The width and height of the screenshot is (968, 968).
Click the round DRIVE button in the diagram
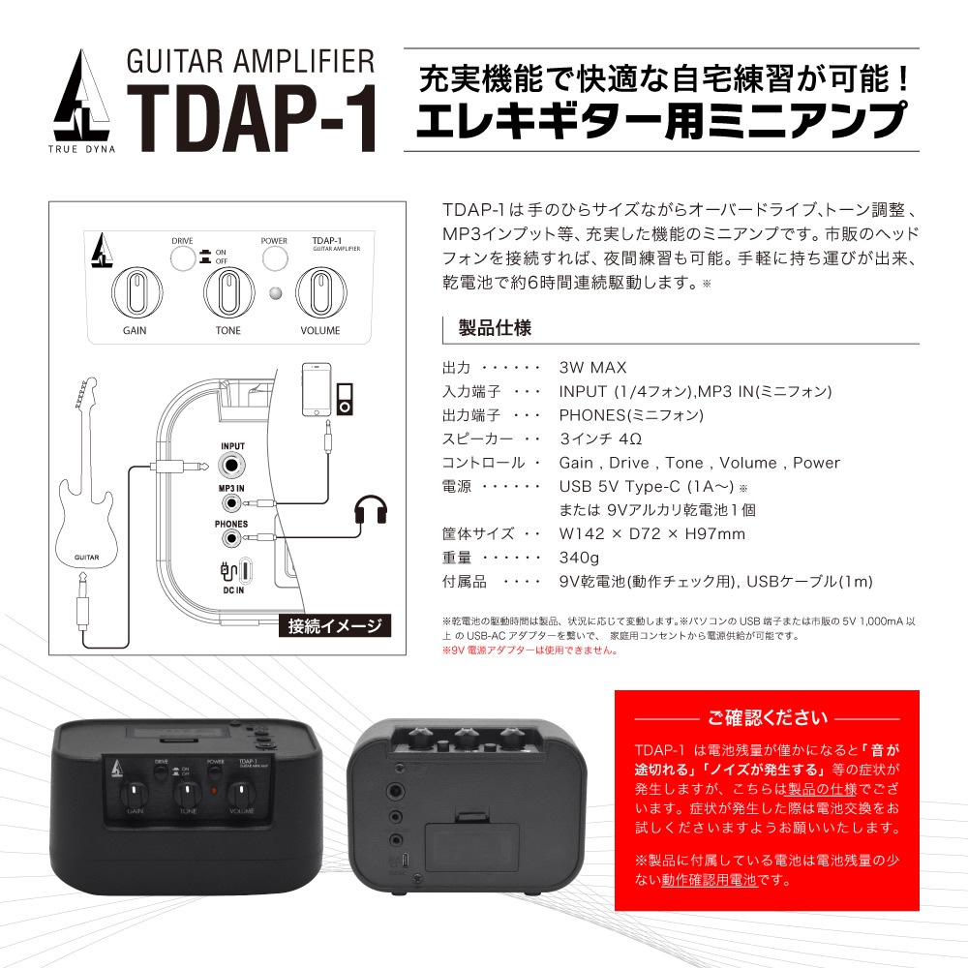182,257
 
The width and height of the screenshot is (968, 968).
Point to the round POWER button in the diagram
275,257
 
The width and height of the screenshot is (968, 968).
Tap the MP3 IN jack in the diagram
231,502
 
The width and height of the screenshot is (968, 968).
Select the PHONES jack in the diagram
231,538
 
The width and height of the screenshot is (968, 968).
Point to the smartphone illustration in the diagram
318,389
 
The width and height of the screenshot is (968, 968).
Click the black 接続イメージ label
334,625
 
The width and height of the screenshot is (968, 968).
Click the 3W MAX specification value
592,368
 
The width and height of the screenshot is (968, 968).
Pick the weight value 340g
580,558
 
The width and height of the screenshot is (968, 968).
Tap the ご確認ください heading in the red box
768,718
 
